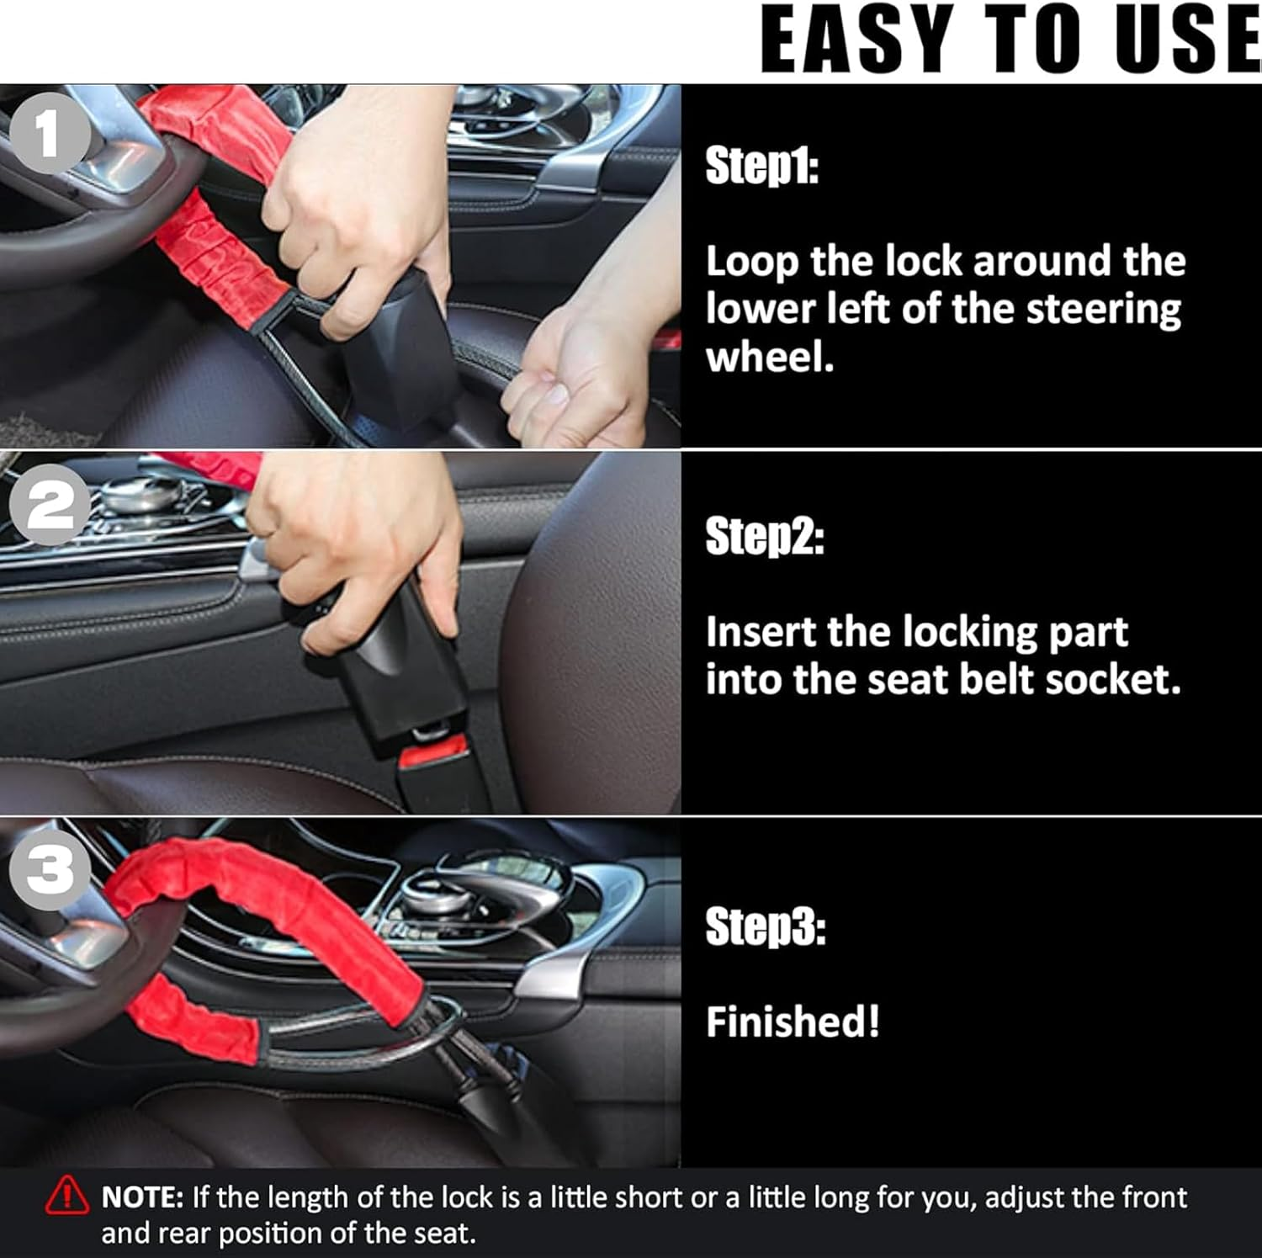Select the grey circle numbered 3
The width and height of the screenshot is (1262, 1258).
(x=50, y=868)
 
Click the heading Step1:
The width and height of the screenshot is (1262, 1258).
(x=761, y=166)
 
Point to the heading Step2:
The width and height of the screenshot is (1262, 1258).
(x=765, y=537)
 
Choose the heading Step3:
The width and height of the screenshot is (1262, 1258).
(x=766, y=926)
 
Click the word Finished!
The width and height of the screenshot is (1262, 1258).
(x=793, y=1022)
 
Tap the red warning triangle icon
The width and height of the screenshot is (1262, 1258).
(x=66, y=1197)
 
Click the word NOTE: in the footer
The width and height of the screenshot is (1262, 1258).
(x=142, y=1197)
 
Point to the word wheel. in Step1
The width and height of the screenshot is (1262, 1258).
(x=770, y=358)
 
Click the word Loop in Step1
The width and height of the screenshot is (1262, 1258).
(x=751, y=263)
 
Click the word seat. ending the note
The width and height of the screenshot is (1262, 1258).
(x=445, y=1234)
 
